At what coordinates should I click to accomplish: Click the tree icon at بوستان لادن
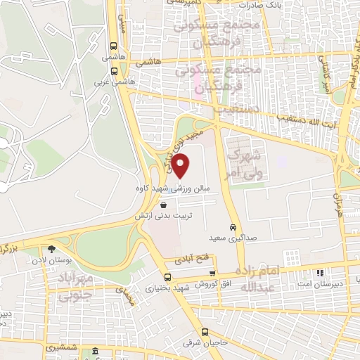[x=51, y=248]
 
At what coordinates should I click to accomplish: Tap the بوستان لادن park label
[x=51, y=261]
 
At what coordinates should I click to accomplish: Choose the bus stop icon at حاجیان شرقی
[x=205, y=333]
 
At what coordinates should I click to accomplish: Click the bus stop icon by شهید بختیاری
[x=167, y=276]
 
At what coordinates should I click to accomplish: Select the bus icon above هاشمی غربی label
[x=114, y=71]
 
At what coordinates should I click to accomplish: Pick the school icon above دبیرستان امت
[x=320, y=272]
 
